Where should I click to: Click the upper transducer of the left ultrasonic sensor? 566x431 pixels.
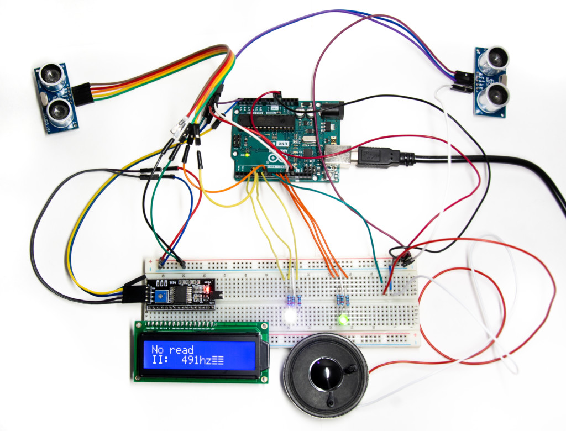(51, 76)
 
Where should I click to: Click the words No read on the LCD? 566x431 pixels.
(172, 349)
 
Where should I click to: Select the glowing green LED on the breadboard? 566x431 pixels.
(343, 319)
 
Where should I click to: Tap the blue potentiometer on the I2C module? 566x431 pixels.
(162, 296)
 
